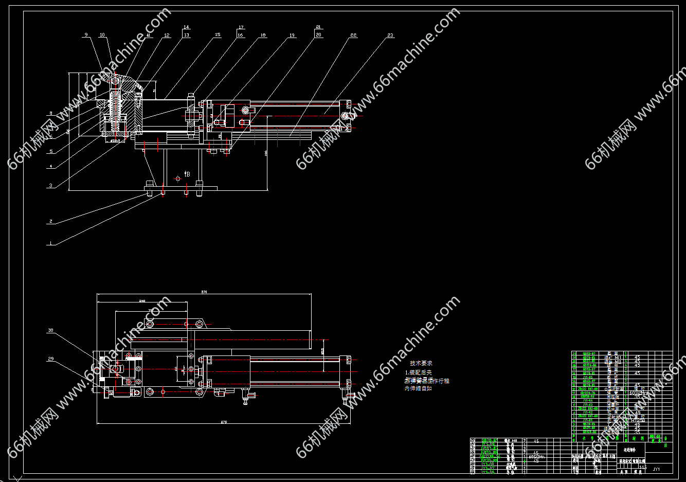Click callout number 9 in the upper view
86,35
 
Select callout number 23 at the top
390,35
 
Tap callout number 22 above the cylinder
353,35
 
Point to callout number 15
218,35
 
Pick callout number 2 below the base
50,222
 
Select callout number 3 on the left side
50,186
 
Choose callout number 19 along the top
292,35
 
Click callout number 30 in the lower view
50,331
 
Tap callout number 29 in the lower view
50,359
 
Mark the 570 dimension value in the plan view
204,292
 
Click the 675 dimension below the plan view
224,422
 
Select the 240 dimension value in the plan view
142,301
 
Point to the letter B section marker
188,174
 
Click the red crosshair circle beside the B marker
177,178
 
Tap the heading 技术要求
421,363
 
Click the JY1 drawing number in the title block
656,469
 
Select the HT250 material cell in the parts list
638,420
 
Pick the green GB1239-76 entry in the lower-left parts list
490,456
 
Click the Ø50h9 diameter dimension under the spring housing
115,140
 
